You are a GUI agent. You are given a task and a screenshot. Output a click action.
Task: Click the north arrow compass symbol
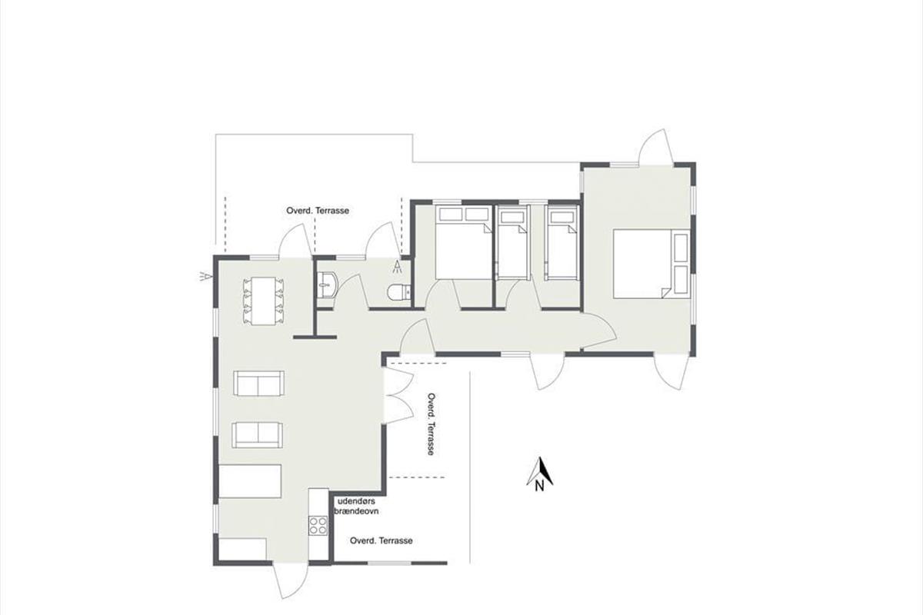point(540,474)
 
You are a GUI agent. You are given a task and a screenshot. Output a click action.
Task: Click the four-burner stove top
point(318,526)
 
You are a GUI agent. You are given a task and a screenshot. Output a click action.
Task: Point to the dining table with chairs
point(264,301)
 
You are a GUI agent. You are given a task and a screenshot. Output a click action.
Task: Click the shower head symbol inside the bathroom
point(397,267)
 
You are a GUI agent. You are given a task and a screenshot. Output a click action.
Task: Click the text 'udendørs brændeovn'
point(356,507)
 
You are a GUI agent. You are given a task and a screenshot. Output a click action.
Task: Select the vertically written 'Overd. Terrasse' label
point(431,424)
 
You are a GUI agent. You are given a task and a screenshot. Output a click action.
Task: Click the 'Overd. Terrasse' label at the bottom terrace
point(382,540)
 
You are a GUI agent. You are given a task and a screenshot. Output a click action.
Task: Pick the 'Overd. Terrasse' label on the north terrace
point(318,211)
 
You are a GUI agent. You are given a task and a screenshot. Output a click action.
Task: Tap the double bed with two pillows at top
point(464,242)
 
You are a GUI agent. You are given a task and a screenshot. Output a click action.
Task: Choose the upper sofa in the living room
point(258,384)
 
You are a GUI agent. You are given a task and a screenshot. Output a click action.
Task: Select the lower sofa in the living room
point(257,435)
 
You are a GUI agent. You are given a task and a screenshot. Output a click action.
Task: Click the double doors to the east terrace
point(399,396)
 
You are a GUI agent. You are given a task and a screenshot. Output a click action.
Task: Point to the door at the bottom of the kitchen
point(290,580)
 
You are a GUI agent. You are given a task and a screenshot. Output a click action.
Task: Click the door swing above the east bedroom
point(656,147)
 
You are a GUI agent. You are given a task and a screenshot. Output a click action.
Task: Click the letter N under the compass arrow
point(540,486)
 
